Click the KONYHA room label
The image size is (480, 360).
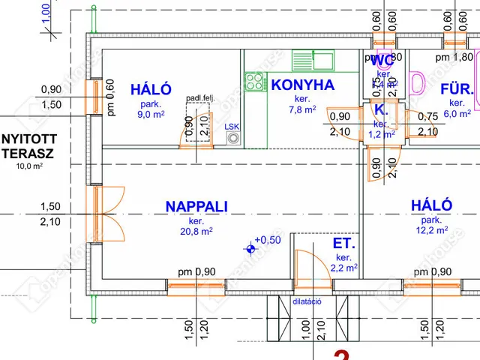click(302, 85)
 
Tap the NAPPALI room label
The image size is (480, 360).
click(196, 206)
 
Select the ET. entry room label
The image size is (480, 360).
click(344, 244)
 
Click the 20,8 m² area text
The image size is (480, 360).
click(197, 232)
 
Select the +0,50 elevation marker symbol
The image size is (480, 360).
click(250, 247)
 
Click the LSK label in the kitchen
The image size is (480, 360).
click(232, 127)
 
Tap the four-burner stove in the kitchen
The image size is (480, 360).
click(254, 81)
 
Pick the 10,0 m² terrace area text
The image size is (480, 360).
click(30, 166)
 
